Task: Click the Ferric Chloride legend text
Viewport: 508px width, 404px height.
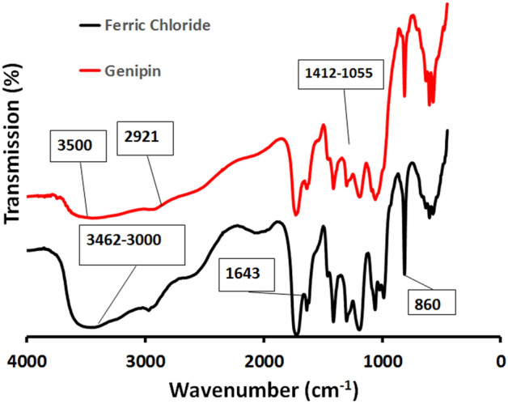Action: point(158,25)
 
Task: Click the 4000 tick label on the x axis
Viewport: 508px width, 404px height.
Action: point(28,361)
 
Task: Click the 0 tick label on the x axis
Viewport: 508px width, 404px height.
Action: point(500,361)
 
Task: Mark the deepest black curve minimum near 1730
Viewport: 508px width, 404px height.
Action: point(296,334)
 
